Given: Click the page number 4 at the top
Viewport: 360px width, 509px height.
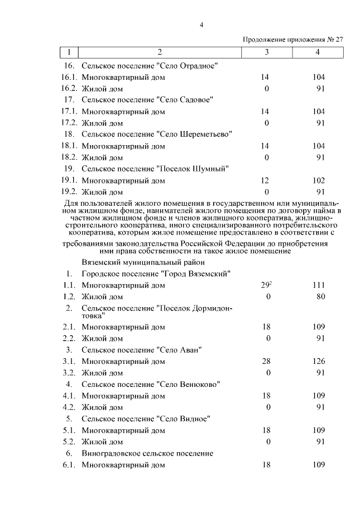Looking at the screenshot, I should pos(201,25).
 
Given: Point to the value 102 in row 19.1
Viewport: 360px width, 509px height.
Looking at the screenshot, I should pos(318,181).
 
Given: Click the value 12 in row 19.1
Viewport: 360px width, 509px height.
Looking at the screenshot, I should pos(267,181).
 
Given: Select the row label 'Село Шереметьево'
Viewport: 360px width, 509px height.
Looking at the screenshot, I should pos(157,134).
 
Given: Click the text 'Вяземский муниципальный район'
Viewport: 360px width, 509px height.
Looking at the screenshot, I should pos(139,262).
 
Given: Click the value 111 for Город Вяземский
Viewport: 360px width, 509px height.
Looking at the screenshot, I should pos(318,285).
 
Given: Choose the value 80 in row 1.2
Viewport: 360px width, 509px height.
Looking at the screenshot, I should pos(320,296).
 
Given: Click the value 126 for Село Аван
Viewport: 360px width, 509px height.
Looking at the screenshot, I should pos(318,361).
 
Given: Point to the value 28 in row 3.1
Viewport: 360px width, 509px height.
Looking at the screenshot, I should pos(267,361).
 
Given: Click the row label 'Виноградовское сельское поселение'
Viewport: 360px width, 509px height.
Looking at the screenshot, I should pos(147,453).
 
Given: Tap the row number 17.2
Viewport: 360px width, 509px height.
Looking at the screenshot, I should pos(69,123).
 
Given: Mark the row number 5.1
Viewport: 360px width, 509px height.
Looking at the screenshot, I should pos(69,430).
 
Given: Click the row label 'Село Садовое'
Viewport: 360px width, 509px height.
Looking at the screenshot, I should pos(147,100).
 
